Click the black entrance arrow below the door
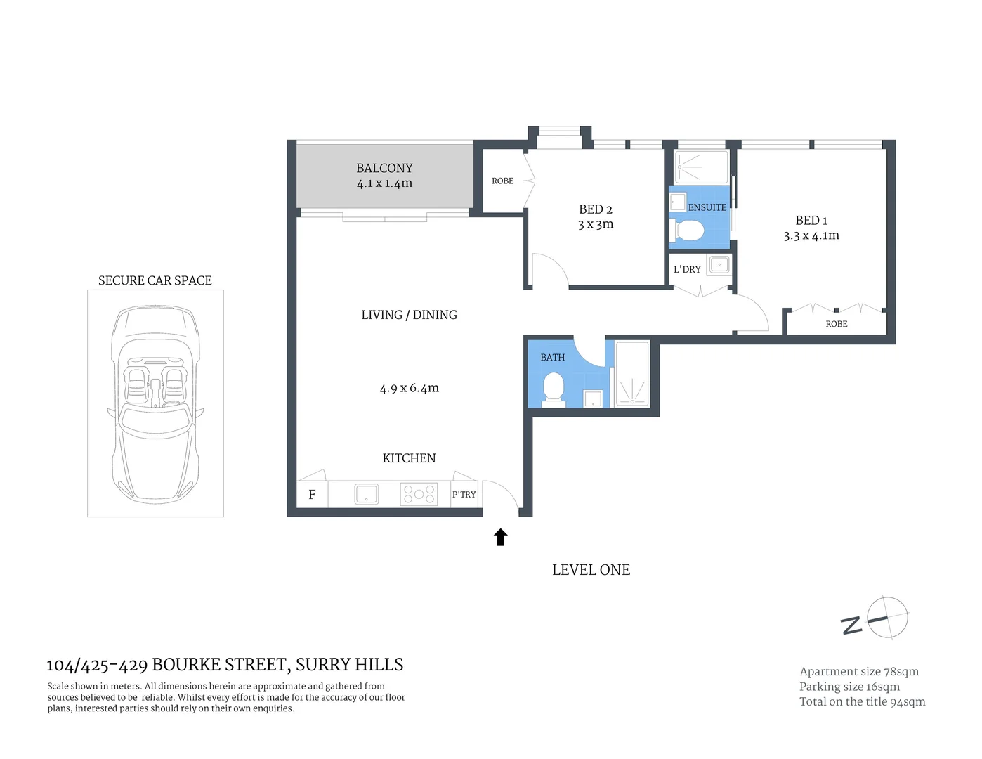[x=500, y=538]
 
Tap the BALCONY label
[x=384, y=169]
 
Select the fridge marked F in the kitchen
[x=312, y=494]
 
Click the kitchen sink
[x=367, y=494]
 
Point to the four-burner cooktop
[x=419, y=494]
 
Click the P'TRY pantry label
[x=464, y=494]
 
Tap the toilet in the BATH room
[x=554, y=389]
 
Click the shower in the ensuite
[x=700, y=167]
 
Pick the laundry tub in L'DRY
[x=719, y=265]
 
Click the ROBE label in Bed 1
[x=836, y=324]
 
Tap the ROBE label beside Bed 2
[x=502, y=181]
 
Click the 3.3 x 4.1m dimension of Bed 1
[x=811, y=236]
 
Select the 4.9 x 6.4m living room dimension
[x=409, y=388]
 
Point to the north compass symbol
[x=886, y=618]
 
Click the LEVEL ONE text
[x=591, y=570]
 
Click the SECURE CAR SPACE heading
[x=155, y=280]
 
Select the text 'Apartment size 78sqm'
[x=858, y=672]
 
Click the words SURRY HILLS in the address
[x=349, y=665]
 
